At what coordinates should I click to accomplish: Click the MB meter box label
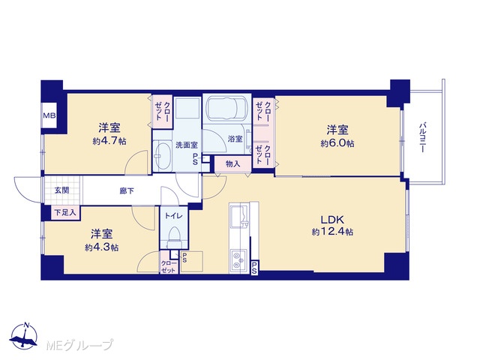point(49,115)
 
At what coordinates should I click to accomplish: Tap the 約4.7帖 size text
point(109,141)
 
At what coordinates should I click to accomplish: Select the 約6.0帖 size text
point(337,143)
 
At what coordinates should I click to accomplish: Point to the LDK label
point(332,219)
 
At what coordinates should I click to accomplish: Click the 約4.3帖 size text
point(102,247)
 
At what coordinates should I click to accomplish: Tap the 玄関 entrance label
point(61,190)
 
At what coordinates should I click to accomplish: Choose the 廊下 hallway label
point(127,191)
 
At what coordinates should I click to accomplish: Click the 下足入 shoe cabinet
point(65,212)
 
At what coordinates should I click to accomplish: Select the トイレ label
point(173,215)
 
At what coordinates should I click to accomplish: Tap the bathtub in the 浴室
point(226,109)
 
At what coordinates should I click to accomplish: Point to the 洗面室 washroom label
point(187,145)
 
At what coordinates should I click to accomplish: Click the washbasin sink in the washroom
point(162,156)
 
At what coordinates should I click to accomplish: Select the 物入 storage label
point(233,164)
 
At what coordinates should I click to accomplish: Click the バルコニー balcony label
point(423,137)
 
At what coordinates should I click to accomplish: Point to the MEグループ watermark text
point(79,345)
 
